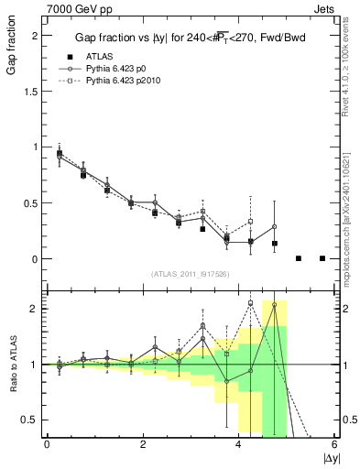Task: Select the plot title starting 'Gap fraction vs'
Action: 188,38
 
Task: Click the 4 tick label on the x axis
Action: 239,444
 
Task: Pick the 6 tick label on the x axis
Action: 334,444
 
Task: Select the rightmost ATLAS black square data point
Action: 322,258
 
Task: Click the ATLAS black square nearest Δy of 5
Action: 299,258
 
